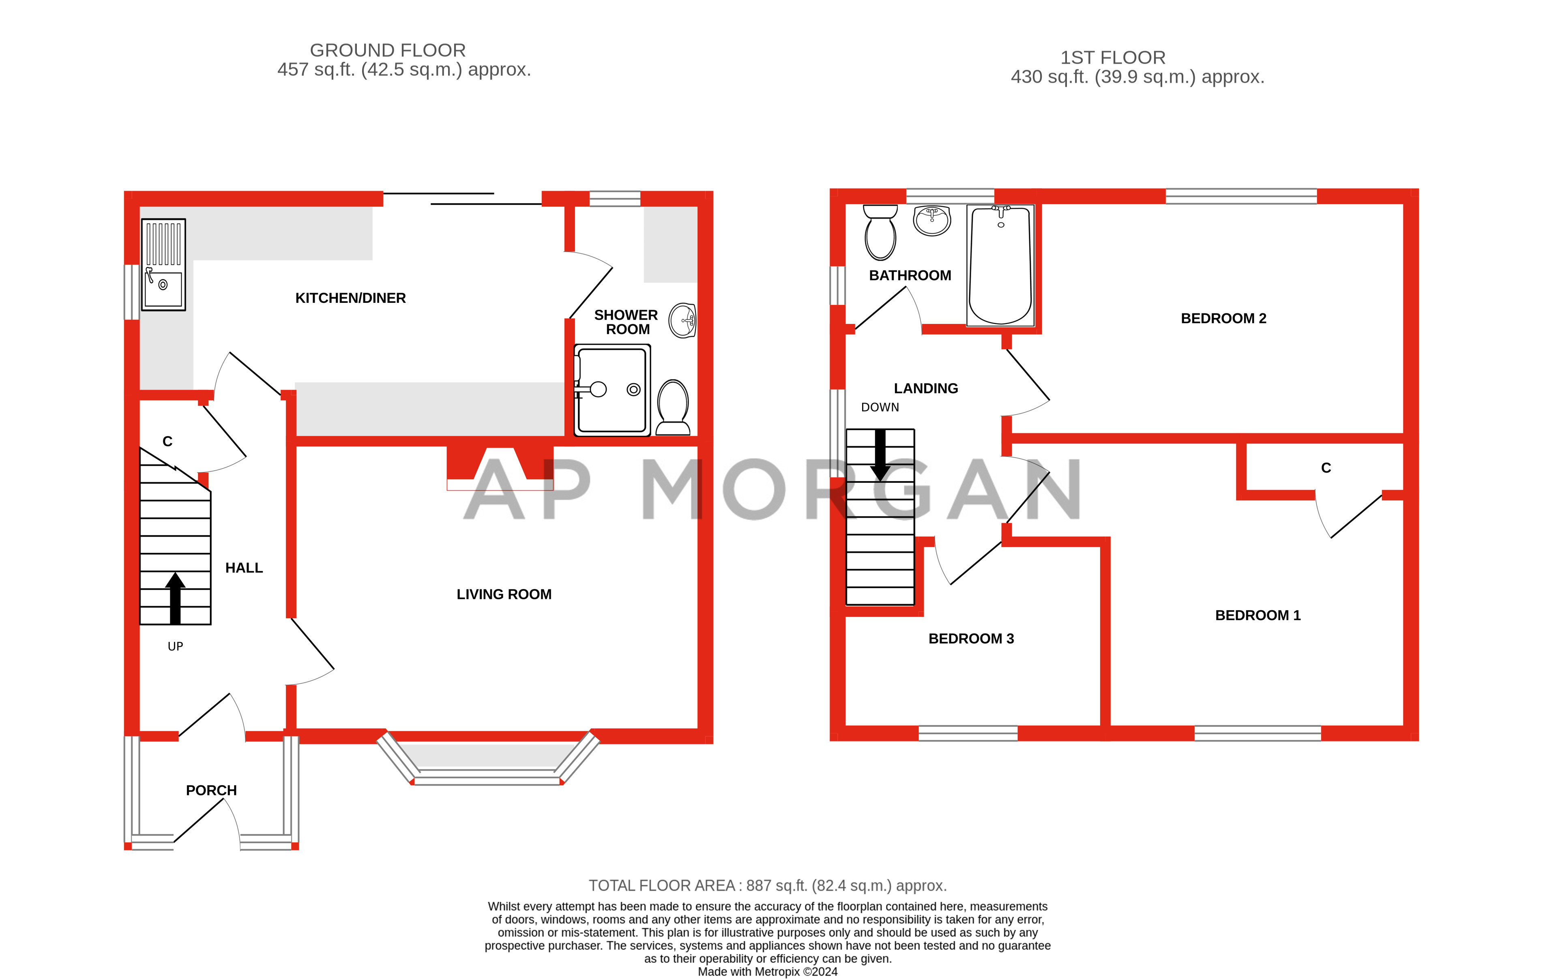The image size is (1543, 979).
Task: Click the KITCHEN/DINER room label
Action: tap(350, 298)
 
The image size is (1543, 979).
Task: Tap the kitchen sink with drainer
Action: tap(163, 265)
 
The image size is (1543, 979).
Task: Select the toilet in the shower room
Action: tap(673, 407)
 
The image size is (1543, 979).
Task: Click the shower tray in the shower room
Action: tap(612, 390)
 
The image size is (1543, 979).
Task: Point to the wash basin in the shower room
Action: tap(682, 320)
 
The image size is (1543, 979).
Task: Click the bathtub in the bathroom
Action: tap(1000, 265)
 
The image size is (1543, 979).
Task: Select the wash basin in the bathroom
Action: tap(932, 221)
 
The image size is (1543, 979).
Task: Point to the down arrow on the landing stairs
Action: tap(880, 455)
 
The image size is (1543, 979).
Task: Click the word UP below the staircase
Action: tap(175, 647)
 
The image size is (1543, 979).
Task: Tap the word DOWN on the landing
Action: tap(880, 407)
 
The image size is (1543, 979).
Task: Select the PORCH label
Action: tap(211, 790)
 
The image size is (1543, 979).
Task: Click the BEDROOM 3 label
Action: tap(971, 639)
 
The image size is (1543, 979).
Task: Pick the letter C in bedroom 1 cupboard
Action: tap(1326, 468)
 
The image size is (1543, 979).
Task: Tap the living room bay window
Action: tap(487, 763)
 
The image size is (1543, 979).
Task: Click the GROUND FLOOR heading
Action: tap(388, 50)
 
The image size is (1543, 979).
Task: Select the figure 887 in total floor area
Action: tap(759, 885)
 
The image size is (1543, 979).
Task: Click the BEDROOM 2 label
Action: tap(1223, 319)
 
